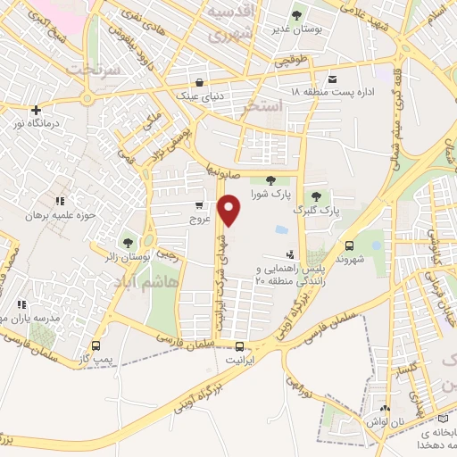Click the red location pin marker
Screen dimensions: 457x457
coord(230,211)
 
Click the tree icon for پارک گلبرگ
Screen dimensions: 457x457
coord(314,197)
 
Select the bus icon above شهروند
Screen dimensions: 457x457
coord(348,247)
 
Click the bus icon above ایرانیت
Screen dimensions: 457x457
coord(238,347)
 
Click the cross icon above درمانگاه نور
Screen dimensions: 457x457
coord(36,111)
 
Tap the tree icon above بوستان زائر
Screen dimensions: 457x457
coord(129,242)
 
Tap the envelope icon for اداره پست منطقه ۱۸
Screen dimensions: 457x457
coord(332,79)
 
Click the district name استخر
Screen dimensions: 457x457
coord(262,106)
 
